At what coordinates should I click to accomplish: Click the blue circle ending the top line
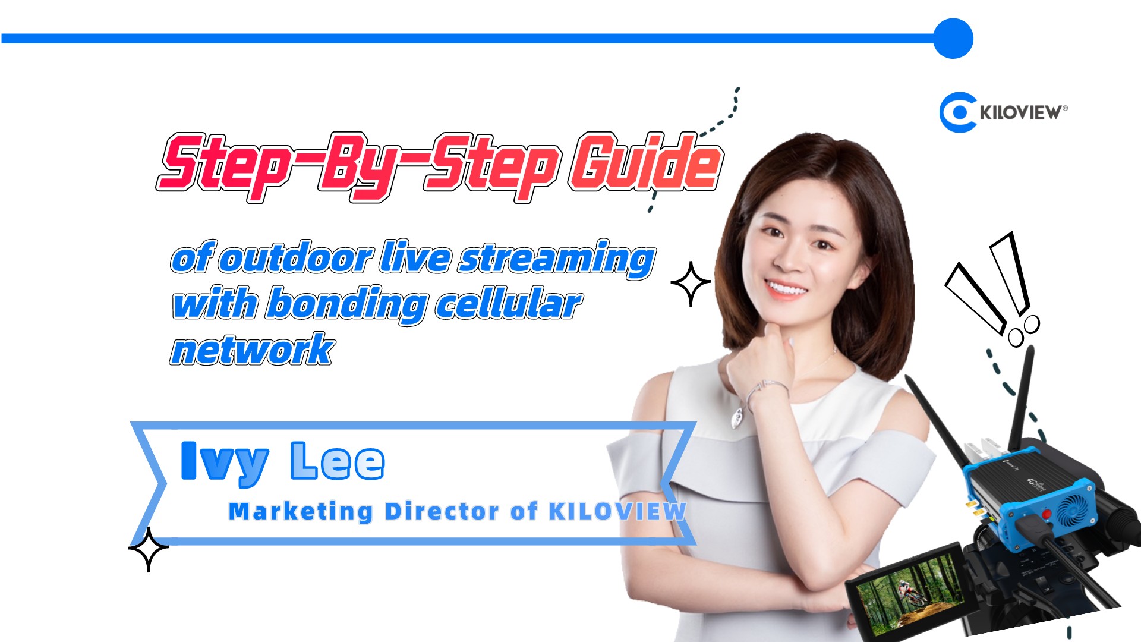pos(953,39)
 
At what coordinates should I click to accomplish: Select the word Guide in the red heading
pos(645,162)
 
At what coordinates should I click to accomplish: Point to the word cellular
pos(509,304)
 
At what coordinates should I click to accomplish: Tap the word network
pos(253,349)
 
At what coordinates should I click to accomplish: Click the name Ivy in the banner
pos(225,463)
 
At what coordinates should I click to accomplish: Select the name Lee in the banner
pos(338,461)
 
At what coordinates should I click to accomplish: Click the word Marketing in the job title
pos(301,512)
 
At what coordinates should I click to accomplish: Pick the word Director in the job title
pos(442,511)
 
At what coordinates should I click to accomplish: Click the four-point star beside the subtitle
pos(691,284)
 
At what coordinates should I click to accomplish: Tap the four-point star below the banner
pos(149,549)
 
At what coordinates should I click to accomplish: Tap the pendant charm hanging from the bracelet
pos(737,418)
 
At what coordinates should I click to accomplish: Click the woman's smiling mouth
pos(786,289)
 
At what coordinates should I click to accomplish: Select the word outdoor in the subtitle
pos(296,259)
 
